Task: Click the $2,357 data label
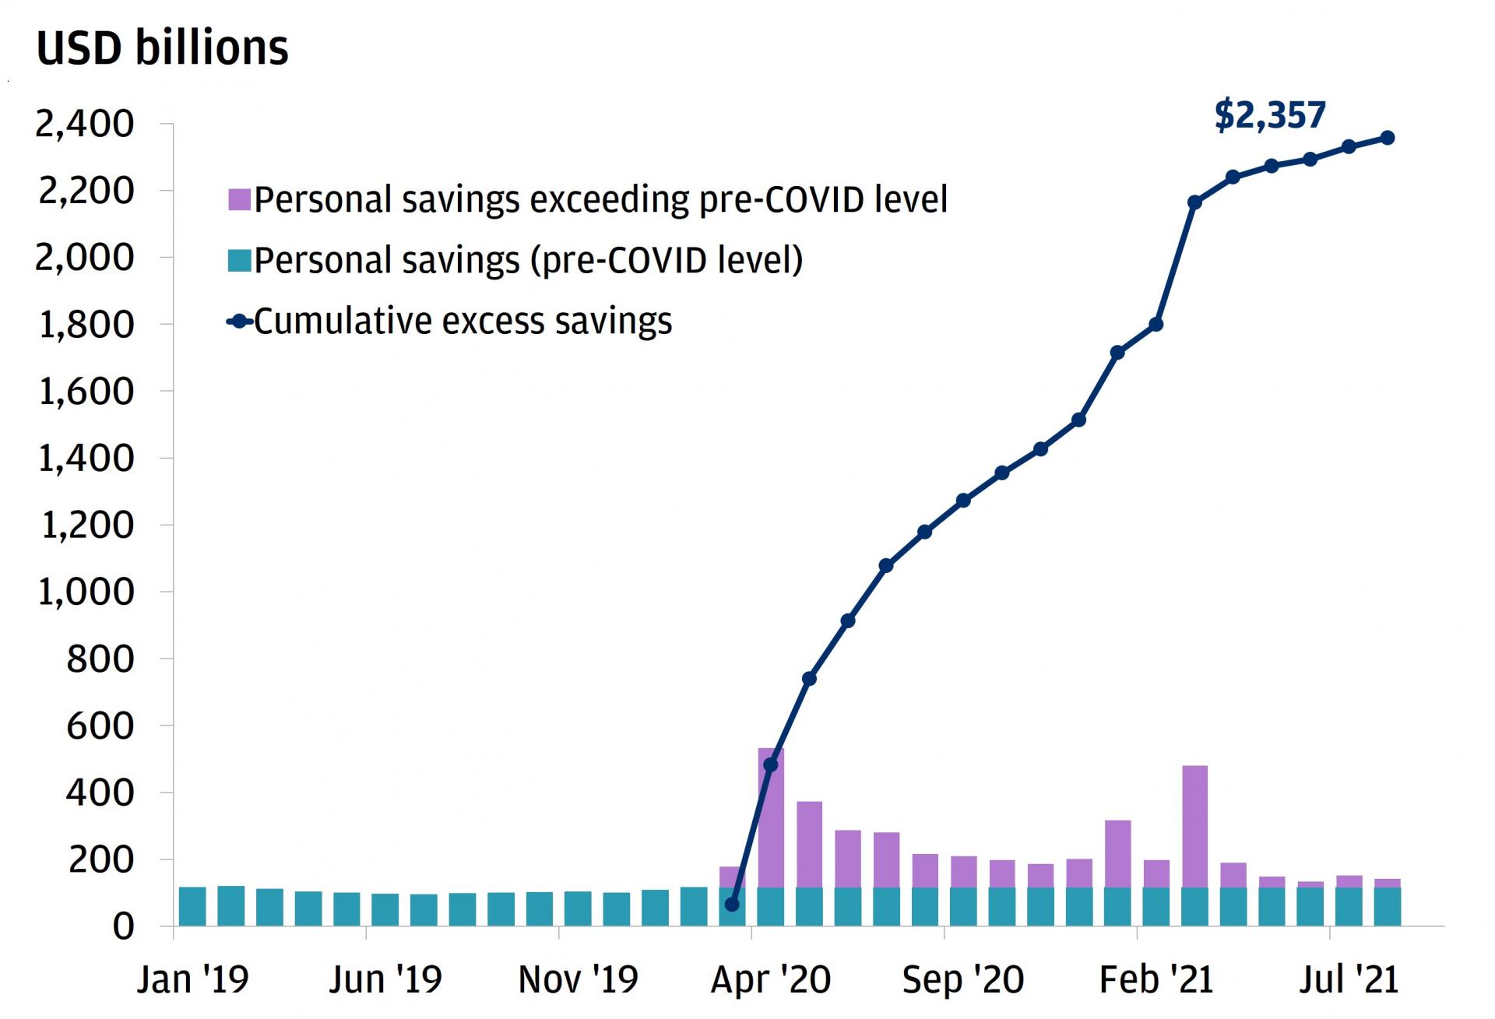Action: click(1269, 115)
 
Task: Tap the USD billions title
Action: click(162, 48)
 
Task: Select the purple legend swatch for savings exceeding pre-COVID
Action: click(239, 200)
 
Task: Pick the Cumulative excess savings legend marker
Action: click(239, 322)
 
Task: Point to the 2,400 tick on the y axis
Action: click(85, 125)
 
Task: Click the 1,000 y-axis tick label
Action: click(85, 592)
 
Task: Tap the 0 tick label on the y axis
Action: click(123, 927)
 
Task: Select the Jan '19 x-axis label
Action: click(192, 979)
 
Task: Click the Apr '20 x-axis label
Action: click(771, 979)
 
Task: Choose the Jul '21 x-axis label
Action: click(1349, 979)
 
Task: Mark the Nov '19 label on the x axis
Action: click(578, 979)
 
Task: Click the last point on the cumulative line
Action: click(1387, 138)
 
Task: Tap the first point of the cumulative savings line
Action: click(732, 905)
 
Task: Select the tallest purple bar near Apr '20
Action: click(771, 817)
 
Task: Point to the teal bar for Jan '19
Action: click(192, 906)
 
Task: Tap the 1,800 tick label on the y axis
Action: click(85, 325)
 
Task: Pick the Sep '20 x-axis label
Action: click(963, 979)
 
